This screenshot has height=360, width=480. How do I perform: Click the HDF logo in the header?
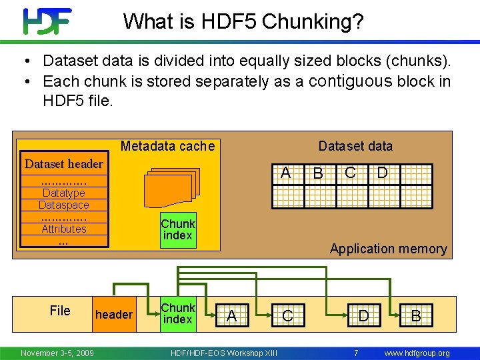pos(47,21)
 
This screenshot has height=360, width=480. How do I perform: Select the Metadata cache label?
pos(167,146)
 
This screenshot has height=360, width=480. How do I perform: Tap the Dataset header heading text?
pos(64,164)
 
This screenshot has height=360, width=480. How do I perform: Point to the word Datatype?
pos(63,193)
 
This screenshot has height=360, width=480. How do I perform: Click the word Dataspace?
pos(63,205)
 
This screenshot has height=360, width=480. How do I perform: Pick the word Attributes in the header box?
pos(64,229)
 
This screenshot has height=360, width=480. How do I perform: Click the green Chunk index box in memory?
pos(177,230)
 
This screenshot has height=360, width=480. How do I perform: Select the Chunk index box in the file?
pos(177,314)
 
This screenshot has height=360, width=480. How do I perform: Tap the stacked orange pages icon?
pos(172,187)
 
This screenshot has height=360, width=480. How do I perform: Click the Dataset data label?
pos(355,146)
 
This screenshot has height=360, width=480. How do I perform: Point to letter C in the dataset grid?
pos(350,173)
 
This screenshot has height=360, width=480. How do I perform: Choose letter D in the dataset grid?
pos(382,173)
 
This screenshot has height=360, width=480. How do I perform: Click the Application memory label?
pos(388,249)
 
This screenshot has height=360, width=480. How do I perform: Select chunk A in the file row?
pos(231,315)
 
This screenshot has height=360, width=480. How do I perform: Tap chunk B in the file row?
pos(415,316)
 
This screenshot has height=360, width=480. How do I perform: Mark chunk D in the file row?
pos(363,315)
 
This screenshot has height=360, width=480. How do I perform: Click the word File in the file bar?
pos(60,310)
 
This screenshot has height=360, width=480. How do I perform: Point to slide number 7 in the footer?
pos(356,353)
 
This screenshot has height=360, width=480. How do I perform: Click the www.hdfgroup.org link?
pos(417,353)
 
